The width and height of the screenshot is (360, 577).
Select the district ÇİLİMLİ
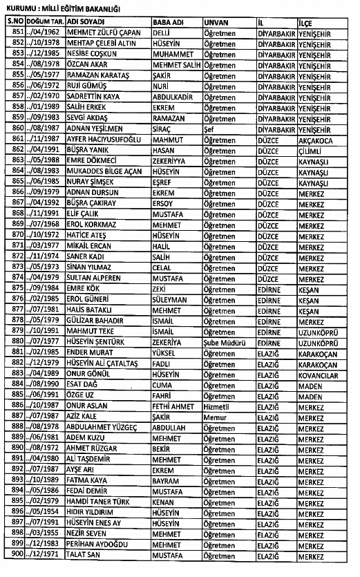(x=312, y=151)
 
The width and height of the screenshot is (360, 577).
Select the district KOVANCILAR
(x=319, y=375)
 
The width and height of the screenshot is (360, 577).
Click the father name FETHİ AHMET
(x=175, y=408)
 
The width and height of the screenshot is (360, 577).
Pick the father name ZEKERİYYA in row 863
(x=173, y=161)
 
